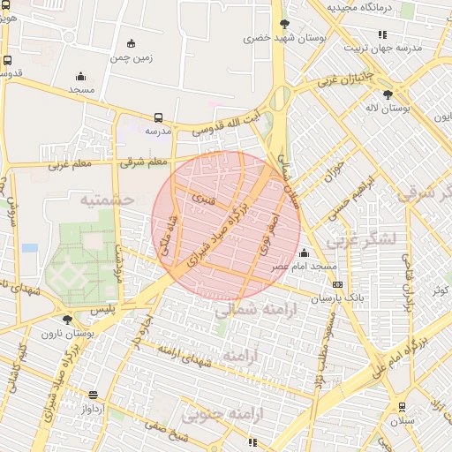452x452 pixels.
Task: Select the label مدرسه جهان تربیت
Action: [x=411, y=47]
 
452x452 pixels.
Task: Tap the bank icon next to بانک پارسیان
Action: [x=337, y=284]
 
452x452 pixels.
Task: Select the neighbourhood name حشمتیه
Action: [x=107, y=200]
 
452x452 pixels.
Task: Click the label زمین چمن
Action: [x=132, y=58]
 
